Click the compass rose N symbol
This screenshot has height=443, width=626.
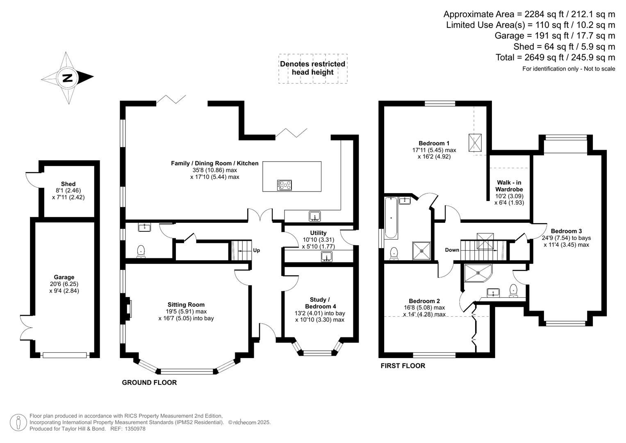[67, 78]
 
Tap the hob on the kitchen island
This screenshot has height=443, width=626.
[285, 185]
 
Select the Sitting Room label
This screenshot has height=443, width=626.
[186, 305]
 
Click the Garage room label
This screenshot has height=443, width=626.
[64, 277]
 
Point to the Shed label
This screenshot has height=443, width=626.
[68, 184]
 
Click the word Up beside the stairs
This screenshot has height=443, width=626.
[256, 250]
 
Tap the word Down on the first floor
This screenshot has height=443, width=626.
[452, 250]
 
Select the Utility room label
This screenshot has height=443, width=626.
[318, 233]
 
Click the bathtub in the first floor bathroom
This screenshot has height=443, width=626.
[391, 218]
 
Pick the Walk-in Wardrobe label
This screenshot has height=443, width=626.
[509, 186]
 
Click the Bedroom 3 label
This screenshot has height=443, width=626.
[566, 231]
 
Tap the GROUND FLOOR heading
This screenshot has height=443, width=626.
[149, 382]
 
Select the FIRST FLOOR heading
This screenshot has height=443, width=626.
[403, 365]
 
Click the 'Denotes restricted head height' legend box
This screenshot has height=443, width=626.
[312, 69]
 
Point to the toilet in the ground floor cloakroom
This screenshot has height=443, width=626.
[141, 251]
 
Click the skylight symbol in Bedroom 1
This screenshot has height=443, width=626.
[475, 142]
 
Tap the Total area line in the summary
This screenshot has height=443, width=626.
[555, 57]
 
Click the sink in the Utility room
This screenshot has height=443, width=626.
[326, 257]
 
